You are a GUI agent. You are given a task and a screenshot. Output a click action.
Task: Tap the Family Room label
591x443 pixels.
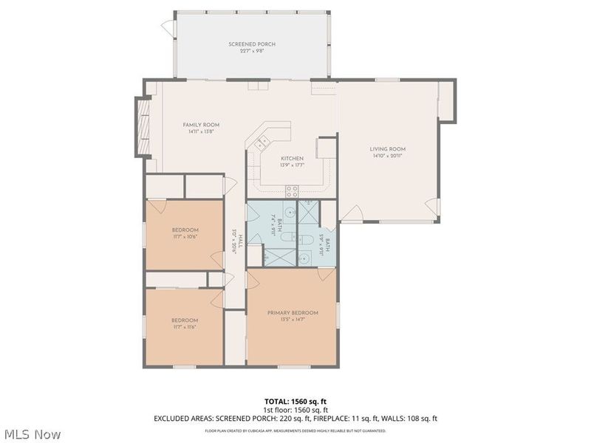(201, 125)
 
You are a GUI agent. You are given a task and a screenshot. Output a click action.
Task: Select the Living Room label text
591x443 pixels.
(388, 149)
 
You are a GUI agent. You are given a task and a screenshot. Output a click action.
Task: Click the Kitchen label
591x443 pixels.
(292, 158)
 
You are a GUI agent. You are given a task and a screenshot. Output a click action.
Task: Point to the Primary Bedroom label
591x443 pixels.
(293, 313)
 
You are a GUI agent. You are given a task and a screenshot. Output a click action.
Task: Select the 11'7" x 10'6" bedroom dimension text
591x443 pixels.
(185, 236)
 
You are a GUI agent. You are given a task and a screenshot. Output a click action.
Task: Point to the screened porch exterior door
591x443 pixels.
(168, 29)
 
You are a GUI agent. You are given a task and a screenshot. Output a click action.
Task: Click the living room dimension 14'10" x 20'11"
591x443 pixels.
(388, 157)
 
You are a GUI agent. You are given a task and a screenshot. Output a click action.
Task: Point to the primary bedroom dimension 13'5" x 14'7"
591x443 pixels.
(293, 320)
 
